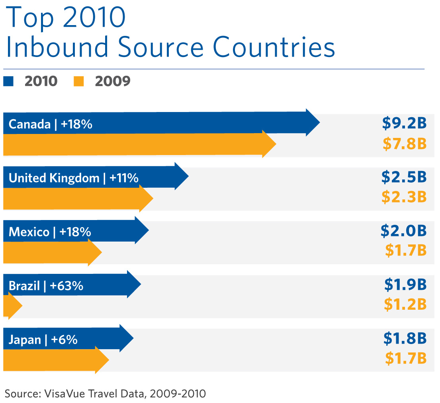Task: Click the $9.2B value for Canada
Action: point(404,124)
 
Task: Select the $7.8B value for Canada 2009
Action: point(405,144)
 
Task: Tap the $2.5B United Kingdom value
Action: point(404,177)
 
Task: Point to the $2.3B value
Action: point(404,197)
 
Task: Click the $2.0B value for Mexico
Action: point(403,231)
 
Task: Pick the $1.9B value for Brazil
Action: point(405,285)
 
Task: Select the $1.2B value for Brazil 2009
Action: point(405,304)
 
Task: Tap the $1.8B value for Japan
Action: point(405,338)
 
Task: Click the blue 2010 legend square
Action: point(8,81)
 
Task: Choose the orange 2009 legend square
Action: point(79,81)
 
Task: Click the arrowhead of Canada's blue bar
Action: point(312,122)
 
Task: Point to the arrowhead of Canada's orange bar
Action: point(269,144)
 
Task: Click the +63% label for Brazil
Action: point(66,286)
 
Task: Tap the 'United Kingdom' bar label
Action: point(54,178)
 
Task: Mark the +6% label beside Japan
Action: point(66,340)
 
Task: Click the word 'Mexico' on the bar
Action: point(29,232)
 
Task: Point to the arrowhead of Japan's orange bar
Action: point(102,360)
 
